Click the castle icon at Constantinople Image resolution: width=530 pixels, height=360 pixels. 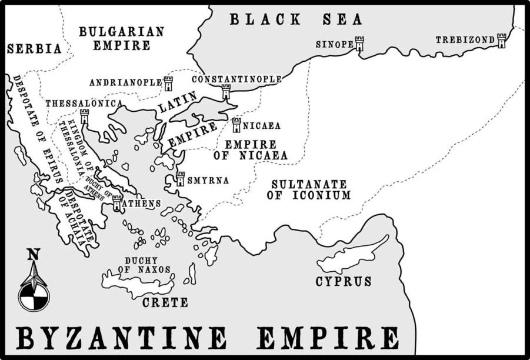(x=226, y=92)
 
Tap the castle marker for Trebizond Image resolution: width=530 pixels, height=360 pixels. (x=501, y=41)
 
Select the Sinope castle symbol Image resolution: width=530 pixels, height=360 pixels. (x=359, y=44)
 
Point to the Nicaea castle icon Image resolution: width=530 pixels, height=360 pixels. (x=236, y=125)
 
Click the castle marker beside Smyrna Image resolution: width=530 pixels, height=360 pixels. (x=180, y=179)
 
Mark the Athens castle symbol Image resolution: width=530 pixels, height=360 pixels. (x=116, y=203)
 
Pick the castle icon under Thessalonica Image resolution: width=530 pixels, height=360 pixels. (x=84, y=116)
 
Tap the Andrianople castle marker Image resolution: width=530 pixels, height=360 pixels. (x=168, y=83)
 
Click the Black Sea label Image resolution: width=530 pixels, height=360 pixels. (x=296, y=19)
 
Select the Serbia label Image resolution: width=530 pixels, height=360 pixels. (x=34, y=49)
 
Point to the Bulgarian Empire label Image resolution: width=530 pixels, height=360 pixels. (x=121, y=38)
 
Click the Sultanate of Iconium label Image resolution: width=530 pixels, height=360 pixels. (x=308, y=189)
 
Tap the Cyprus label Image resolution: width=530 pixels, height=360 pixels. (x=344, y=282)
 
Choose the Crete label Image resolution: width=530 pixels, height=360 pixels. (x=165, y=302)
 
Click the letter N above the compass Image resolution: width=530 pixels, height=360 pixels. (x=34, y=255)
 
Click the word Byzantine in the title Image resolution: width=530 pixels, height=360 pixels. (x=121, y=338)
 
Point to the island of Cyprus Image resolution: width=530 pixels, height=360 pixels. (x=353, y=254)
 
